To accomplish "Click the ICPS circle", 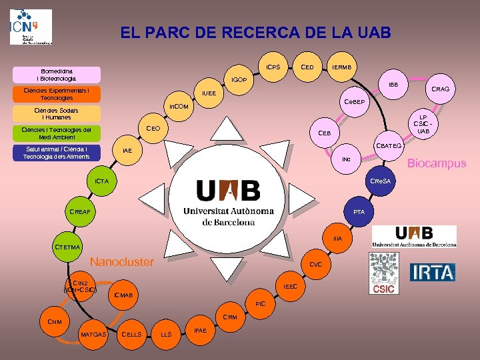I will pyautogui.click(x=273, y=67).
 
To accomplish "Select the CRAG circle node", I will pyautogui.click(x=440, y=89).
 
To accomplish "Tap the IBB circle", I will pyautogui.click(x=393, y=85).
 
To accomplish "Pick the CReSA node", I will pyautogui.click(x=383, y=181).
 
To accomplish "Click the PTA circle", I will pyautogui.click(x=359, y=211).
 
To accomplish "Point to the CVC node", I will pyautogui.click(x=316, y=264).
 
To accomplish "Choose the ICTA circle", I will pyautogui.click(x=101, y=181).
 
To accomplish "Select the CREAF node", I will pyautogui.click(x=79, y=211).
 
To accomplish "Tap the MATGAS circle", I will pyautogui.click(x=93, y=333).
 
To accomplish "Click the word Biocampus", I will pyautogui.click(x=437, y=163).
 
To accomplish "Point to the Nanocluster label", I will pyautogui.click(x=121, y=261).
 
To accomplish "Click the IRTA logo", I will pyautogui.click(x=433, y=273).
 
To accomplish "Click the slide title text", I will pyautogui.click(x=256, y=32).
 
